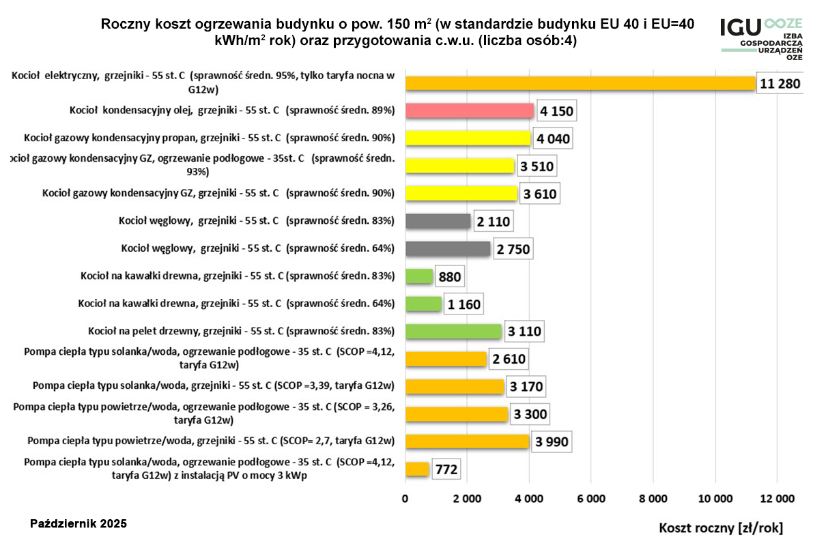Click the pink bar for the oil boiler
click(470, 111)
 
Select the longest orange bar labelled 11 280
click(580, 84)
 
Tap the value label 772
click(445, 469)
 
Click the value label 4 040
click(553, 139)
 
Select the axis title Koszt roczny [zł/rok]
click(720, 527)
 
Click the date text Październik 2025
click(79, 523)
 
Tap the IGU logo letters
click(740, 28)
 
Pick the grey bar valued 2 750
click(448, 249)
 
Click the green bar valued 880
click(419, 277)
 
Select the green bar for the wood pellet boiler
click(453, 332)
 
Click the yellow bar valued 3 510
click(459, 166)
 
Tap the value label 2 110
click(492, 222)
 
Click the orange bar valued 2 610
click(446, 360)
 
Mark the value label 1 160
click(465, 304)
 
